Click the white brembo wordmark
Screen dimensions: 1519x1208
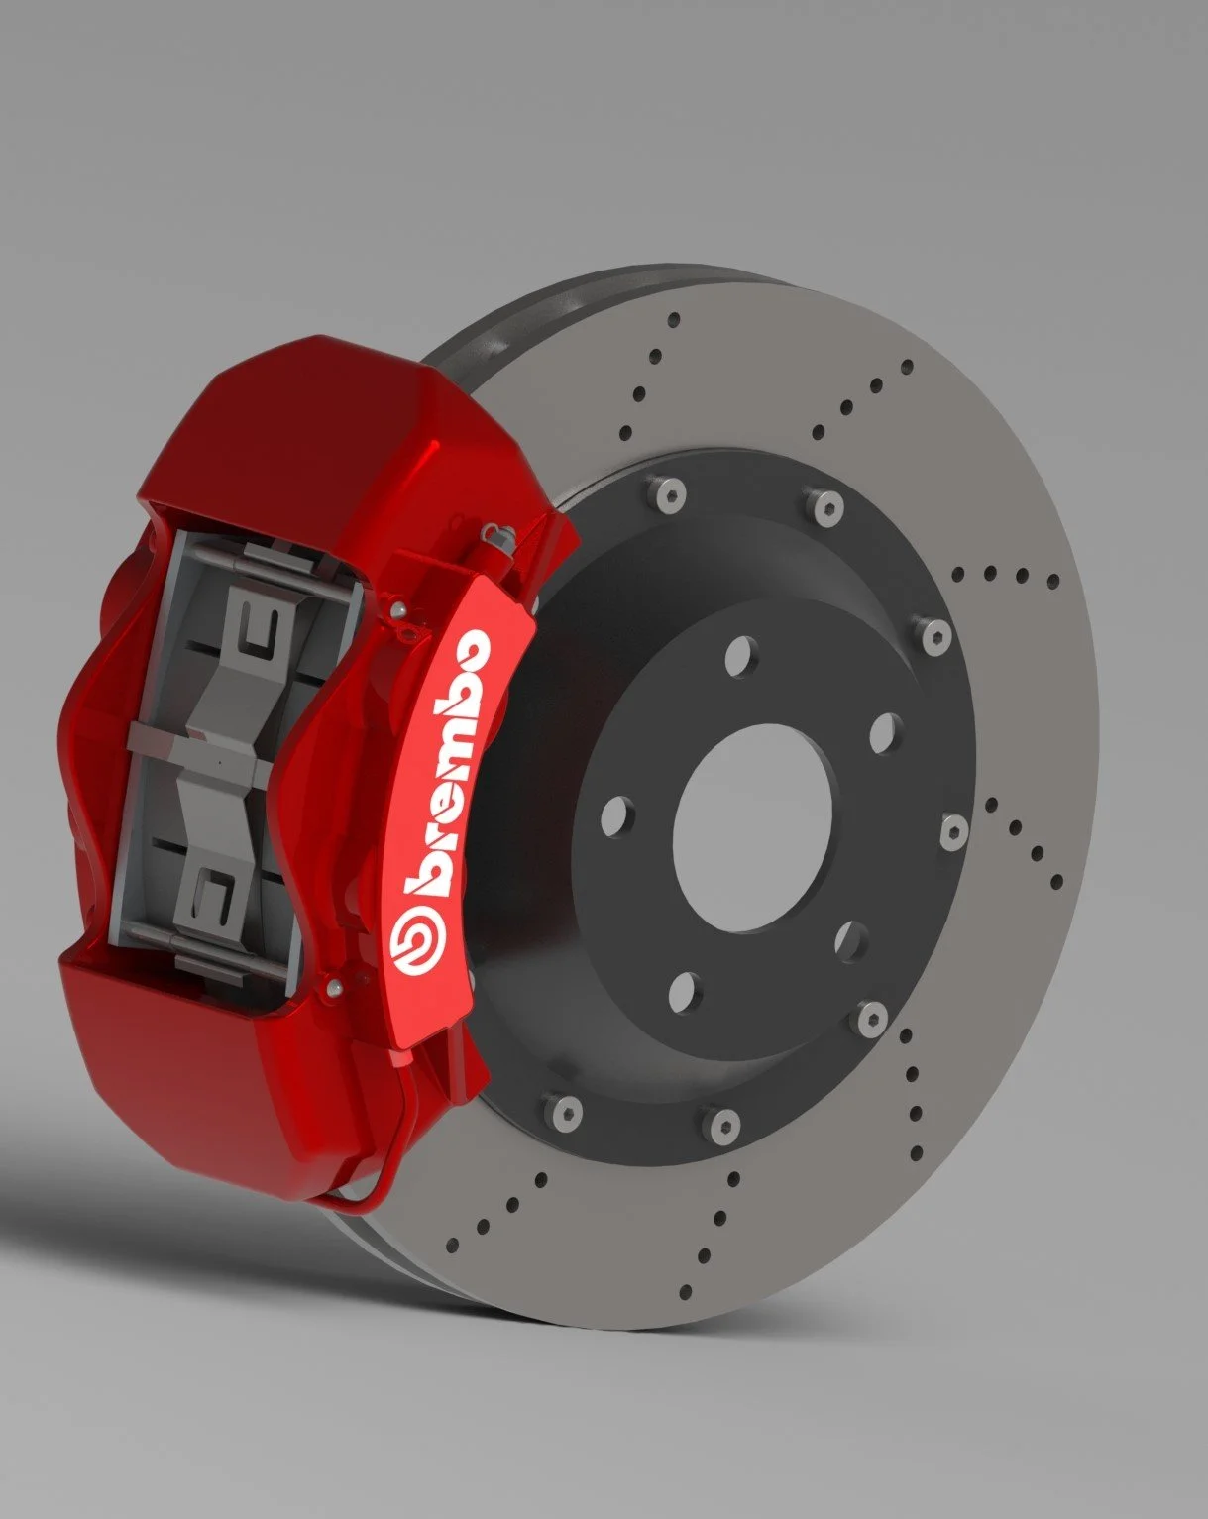(x=452, y=768)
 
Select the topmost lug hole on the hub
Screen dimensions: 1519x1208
(x=739, y=656)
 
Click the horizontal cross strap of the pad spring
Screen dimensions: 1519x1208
(x=198, y=738)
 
